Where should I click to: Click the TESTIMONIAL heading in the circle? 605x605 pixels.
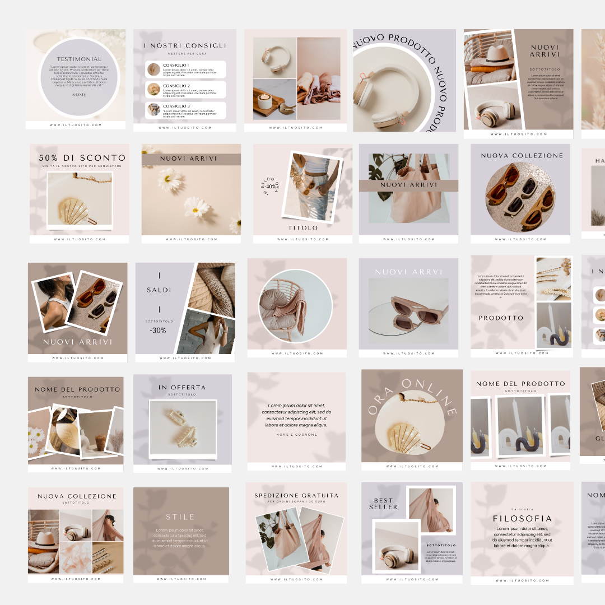click(x=79, y=59)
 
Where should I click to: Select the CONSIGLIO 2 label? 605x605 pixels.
click(x=176, y=86)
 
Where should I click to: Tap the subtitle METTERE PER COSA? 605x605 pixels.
click(x=184, y=54)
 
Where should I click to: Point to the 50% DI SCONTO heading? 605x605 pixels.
click(x=82, y=159)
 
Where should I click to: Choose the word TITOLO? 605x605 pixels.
click(x=302, y=228)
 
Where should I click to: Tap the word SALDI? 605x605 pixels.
click(x=159, y=290)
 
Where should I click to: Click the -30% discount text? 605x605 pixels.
click(x=158, y=330)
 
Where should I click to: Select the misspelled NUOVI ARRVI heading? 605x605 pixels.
click(x=408, y=272)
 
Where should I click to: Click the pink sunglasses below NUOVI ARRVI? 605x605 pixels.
click(x=408, y=313)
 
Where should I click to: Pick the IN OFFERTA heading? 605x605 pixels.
click(x=182, y=387)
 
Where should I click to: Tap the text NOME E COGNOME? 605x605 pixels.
click(x=296, y=435)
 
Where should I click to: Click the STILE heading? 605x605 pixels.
click(x=180, y=517)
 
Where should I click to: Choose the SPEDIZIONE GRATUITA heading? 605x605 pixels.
click(x=296, y=495)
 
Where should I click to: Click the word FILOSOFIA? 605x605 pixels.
click(x=522, y=519)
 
